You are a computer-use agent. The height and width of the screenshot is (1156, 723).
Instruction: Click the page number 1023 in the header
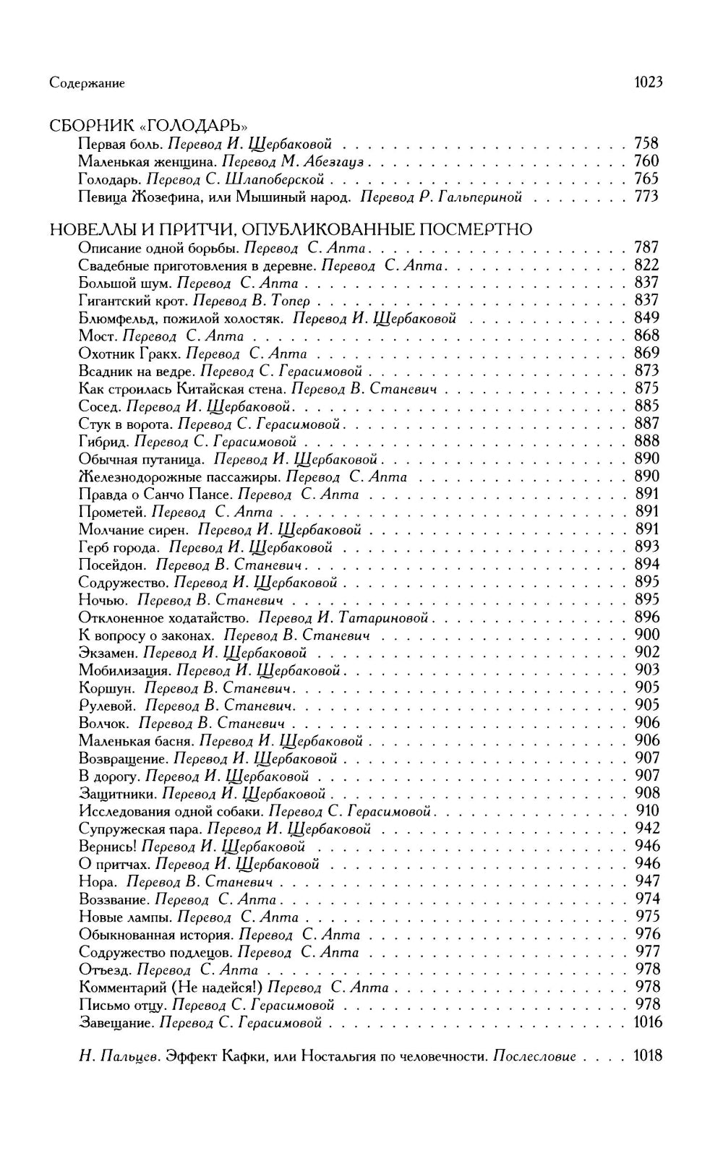click(x=648, y=82)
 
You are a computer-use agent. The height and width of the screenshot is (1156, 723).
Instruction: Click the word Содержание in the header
click(x=87, y=83)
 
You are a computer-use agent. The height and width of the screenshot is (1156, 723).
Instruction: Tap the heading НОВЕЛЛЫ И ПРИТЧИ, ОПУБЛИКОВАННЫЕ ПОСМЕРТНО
click(x=291, y=230)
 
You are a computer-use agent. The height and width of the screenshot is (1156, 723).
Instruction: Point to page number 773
click(x=646, y=197)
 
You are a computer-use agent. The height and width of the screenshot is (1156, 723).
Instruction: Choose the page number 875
click(x=646, y=388)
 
